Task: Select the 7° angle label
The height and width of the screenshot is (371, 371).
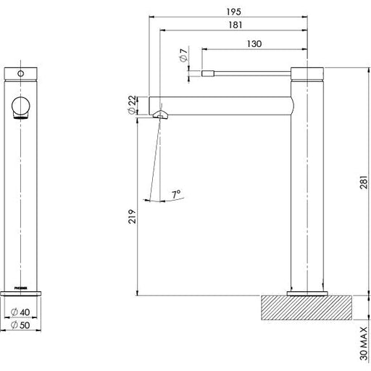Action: [176, 194]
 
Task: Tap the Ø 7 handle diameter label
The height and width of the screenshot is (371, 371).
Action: [184, 56]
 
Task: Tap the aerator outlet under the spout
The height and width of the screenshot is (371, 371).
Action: [161, 114]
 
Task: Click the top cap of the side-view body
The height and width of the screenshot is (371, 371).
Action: [310, 71]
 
